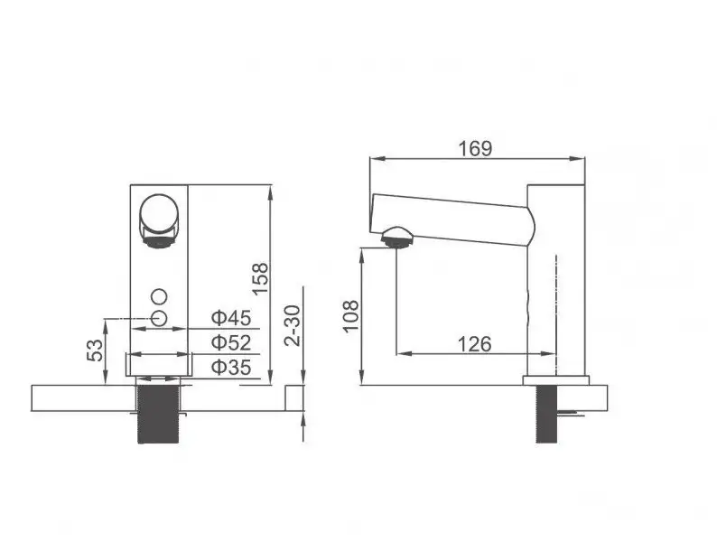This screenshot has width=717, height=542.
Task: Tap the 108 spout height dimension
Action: tap(350, 316)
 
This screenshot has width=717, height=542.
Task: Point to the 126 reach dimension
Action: tap(473, 344)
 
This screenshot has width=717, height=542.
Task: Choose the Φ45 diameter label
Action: tap(230, 317)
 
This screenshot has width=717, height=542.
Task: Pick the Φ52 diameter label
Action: tap(230, 342)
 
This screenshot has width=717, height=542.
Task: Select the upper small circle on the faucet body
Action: tap(160, 296)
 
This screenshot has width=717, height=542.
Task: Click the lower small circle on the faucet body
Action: tap(160, 317)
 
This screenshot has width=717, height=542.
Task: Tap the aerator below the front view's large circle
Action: tap(159, 238)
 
